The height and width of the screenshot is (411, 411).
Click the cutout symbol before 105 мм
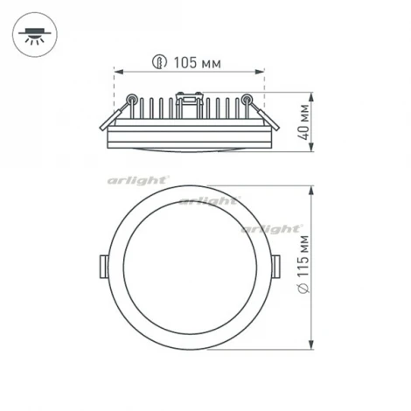(159, 62)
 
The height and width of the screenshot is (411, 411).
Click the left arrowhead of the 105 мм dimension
(118, 72)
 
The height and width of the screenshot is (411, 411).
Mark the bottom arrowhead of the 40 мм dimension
(312, 150)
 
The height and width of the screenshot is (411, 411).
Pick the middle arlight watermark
(207, 201)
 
